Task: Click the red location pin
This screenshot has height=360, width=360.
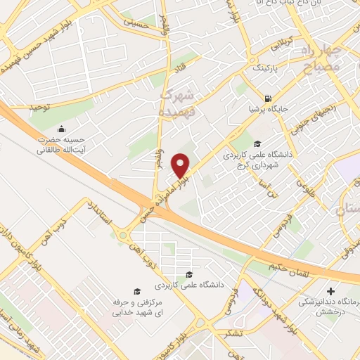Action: (182, 166)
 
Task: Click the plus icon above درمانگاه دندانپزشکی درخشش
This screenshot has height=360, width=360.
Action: (330, 290)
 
